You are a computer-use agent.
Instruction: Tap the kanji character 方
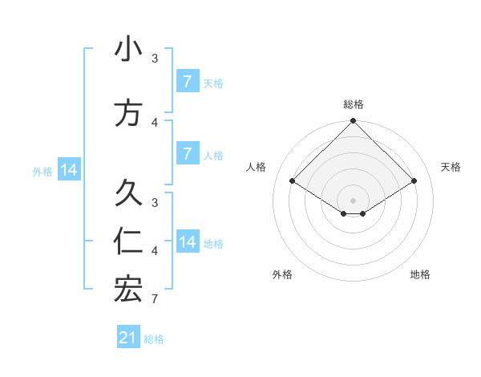click(x=128, y=113)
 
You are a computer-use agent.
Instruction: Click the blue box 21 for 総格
click(x=128, y=338)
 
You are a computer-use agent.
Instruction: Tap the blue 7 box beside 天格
click(x=187, y=82)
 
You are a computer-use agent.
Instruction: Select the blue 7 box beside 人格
click(x=187, y=153)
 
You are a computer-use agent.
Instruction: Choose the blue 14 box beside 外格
click(x=69, y=170)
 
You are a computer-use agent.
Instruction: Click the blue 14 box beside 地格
click(x=187, y=242)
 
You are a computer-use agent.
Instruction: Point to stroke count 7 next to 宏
click(x=154, y=299)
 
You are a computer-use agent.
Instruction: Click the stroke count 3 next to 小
click(x=154, y=59)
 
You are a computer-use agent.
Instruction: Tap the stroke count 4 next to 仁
click(x=154, y=251)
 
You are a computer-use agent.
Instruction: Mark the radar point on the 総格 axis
click(x=353, y=121)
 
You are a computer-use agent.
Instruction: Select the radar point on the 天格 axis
click(x=414, y=181)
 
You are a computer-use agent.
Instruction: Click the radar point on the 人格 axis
click(x=292, y=181)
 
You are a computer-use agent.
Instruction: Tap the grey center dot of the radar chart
click(x=353, y=200)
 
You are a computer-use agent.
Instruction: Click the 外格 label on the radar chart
click(x=282, y=274)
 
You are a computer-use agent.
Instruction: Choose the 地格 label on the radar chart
click(x=420, y=274)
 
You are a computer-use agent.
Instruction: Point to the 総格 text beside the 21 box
click(x=154, y=339)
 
